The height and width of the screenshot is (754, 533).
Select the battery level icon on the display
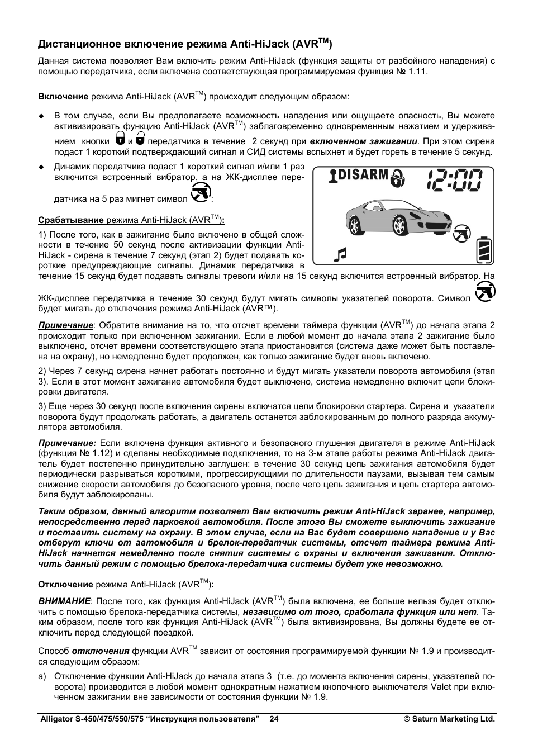[x=484, y=250]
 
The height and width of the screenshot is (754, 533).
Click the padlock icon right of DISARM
[x=397, y=178]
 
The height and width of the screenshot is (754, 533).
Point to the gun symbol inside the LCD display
[x=461, y=233]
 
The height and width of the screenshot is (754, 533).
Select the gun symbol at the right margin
[x=484, y=292]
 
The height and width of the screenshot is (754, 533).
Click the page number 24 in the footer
[x=274, y=719]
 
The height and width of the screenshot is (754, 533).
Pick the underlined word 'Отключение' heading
[x=65, y=585]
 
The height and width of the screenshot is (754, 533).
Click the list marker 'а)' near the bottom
[x=42, y=677]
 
